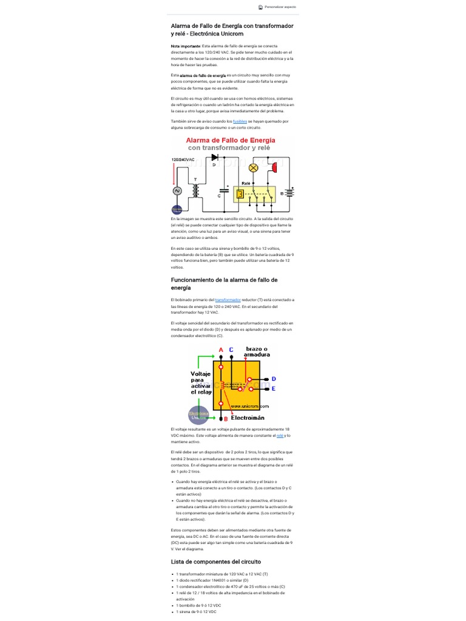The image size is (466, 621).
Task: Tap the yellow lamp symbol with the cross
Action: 254,167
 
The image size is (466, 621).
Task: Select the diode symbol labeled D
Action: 215,158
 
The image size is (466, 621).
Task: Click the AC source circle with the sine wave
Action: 178,191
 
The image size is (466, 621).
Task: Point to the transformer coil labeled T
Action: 195,190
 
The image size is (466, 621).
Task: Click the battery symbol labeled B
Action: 290,193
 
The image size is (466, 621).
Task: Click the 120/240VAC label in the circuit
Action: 183,160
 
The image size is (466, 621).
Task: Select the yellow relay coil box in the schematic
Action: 240,193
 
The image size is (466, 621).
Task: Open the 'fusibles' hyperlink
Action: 240,121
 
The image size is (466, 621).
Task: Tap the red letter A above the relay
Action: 221,349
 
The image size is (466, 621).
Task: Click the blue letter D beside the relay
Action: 274,378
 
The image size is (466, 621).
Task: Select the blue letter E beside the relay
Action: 274,388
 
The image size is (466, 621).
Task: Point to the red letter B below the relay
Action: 226,418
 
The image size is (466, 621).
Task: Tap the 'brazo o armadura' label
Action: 257,351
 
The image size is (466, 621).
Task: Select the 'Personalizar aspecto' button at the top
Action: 277,7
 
